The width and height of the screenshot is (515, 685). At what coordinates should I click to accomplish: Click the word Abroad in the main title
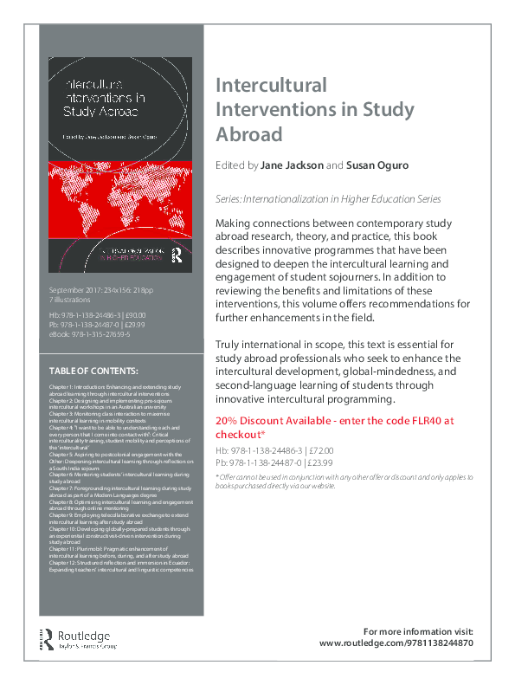click(x=248, y=135)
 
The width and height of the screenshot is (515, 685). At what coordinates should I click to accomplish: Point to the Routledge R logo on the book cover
click(x=177, y=255)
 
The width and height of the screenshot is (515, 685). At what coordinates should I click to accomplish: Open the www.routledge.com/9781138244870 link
click(x=396, y=643)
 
